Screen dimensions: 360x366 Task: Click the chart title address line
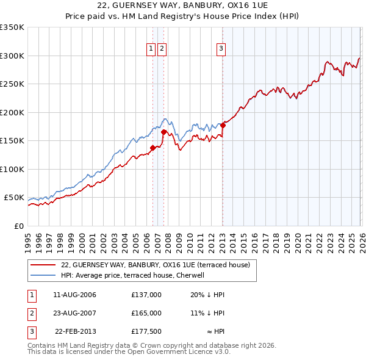pyautogui.click(x=182, y=5)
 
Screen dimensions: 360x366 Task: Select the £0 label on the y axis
pyautogui.click(x=18, y=226)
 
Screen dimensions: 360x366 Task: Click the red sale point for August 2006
pyautogui.click(x=152, y=147)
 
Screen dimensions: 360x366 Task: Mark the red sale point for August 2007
pyautogui.click(x=163, y=132)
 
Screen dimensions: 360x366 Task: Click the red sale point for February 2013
pyautogui.click(x=223, y=125)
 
